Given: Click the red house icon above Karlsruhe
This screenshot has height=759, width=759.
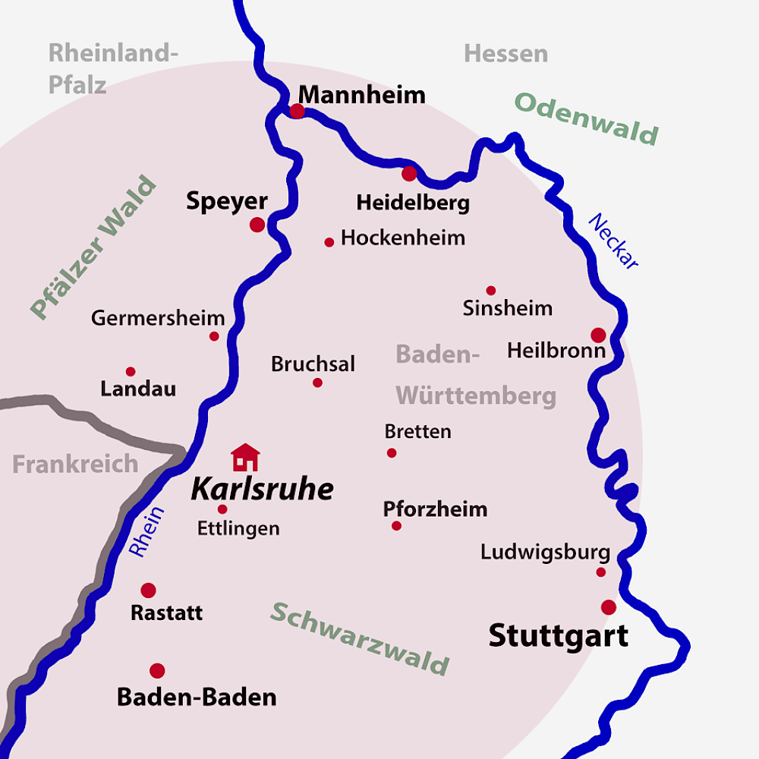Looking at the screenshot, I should [245, 458].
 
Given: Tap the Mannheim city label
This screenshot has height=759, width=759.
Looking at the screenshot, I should [361, 95].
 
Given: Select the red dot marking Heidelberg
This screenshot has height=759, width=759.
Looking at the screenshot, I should [409, 174].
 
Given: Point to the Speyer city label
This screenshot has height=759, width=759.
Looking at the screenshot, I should [227, 202].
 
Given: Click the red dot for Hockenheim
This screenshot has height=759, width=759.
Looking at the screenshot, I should [329, 242].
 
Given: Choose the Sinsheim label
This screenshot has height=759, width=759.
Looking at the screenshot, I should [508, 308].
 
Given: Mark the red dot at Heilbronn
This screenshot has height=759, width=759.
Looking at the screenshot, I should [598, 335].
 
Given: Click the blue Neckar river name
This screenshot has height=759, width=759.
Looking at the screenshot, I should [614, 241].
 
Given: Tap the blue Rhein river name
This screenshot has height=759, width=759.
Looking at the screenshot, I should [146, 531].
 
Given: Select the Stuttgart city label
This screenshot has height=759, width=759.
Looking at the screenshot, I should [558, 635].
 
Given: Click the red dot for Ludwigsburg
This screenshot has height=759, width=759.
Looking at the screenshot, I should [601, 572].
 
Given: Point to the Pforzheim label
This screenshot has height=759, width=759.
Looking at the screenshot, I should [435, 509].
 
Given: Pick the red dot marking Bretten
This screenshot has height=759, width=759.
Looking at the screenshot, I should [392, 453].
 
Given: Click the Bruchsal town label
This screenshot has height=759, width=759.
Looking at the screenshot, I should [313, 364].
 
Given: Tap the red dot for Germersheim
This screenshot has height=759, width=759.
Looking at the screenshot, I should [214, 336].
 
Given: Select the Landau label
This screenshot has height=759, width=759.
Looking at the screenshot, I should [138, 389].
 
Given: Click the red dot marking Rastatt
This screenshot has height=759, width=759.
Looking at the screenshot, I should [149, 590].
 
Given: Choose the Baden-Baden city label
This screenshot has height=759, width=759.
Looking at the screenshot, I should [196, 697].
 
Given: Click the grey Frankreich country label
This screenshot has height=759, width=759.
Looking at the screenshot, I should [75, 464].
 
